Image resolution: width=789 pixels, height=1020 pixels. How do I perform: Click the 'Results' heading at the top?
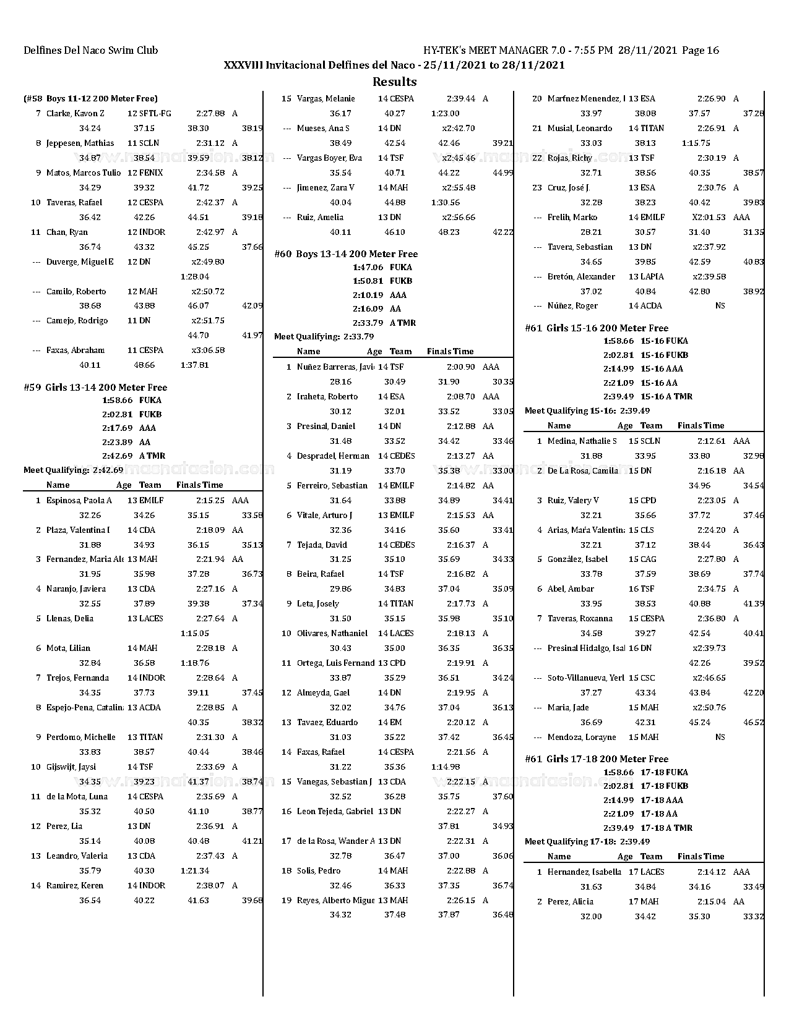click(x=394, y=82)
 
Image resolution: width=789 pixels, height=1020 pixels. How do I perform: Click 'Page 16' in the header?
click(x=701, y=51)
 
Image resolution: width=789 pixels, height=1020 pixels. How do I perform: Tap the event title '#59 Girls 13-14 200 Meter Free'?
click(x=95, y=388)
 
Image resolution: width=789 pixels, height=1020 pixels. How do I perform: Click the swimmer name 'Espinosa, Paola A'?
click(x=79, y=501)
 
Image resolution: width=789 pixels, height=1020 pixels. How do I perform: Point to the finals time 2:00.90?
click(x=460, y=367)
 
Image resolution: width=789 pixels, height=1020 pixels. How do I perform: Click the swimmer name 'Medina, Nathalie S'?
click(x=582, y=441)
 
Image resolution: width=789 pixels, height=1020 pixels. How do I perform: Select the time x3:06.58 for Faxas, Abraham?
click(x=208, y=351)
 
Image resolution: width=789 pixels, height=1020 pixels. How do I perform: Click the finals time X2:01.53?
click(x=708, y=218)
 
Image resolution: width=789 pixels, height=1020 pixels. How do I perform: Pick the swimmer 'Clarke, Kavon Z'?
click(x=75, y=114)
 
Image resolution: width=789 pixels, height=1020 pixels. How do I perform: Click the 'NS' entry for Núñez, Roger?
click(x=720, y=306)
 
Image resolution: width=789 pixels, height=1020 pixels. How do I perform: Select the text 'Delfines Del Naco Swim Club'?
click(x=91, y=51)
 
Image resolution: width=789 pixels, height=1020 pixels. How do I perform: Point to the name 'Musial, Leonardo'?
click(x=580, y=129)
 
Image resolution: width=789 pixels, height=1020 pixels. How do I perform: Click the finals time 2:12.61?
click(x=711, y=441)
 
